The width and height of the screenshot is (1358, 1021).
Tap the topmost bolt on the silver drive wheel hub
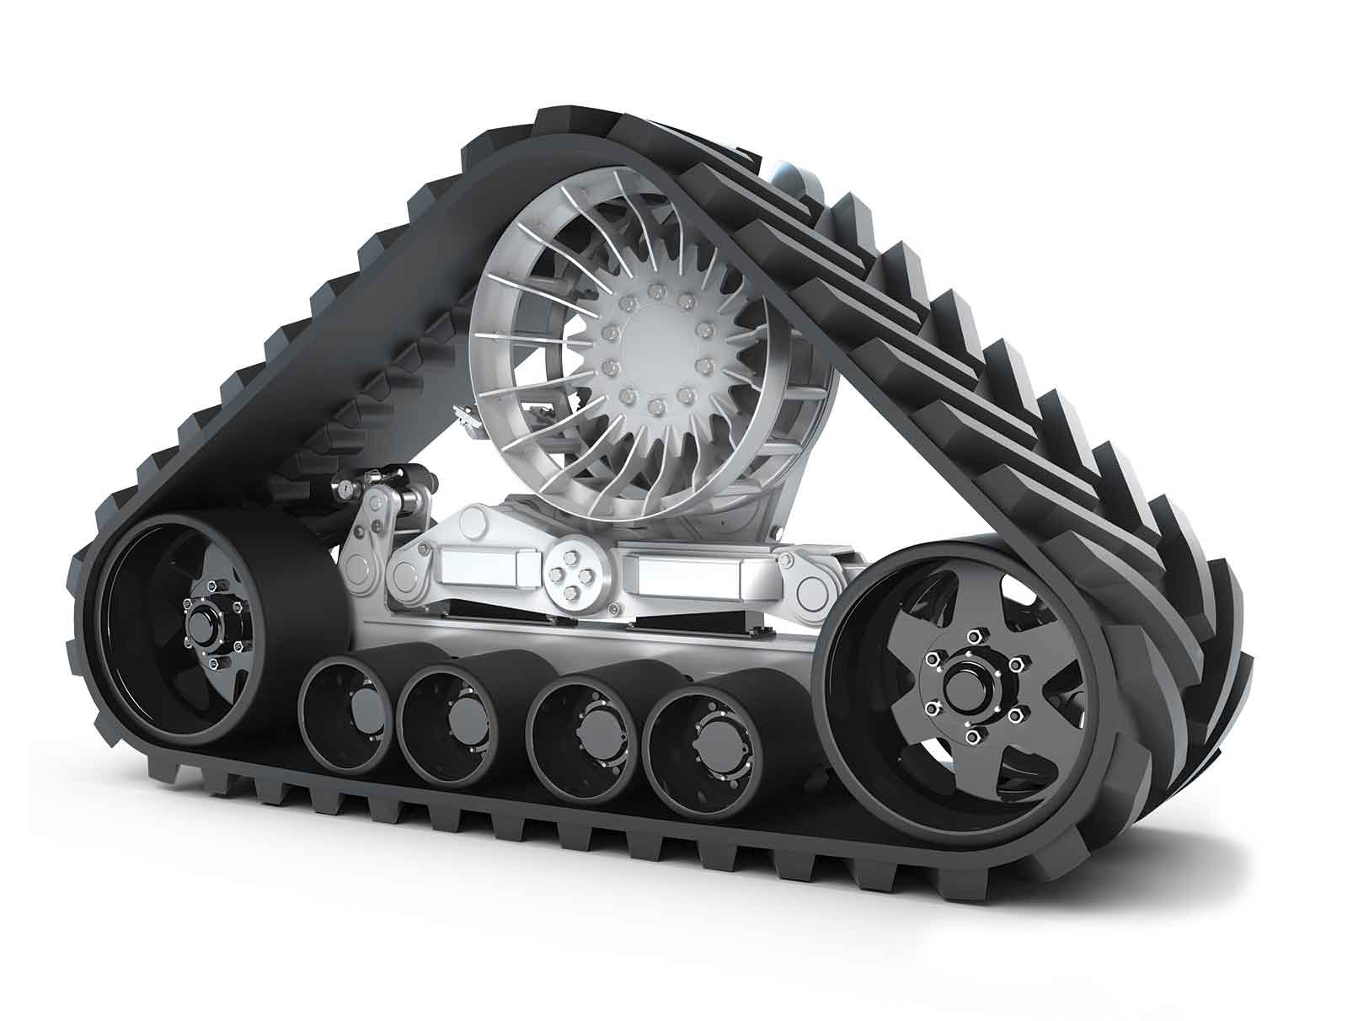[654, 291]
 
